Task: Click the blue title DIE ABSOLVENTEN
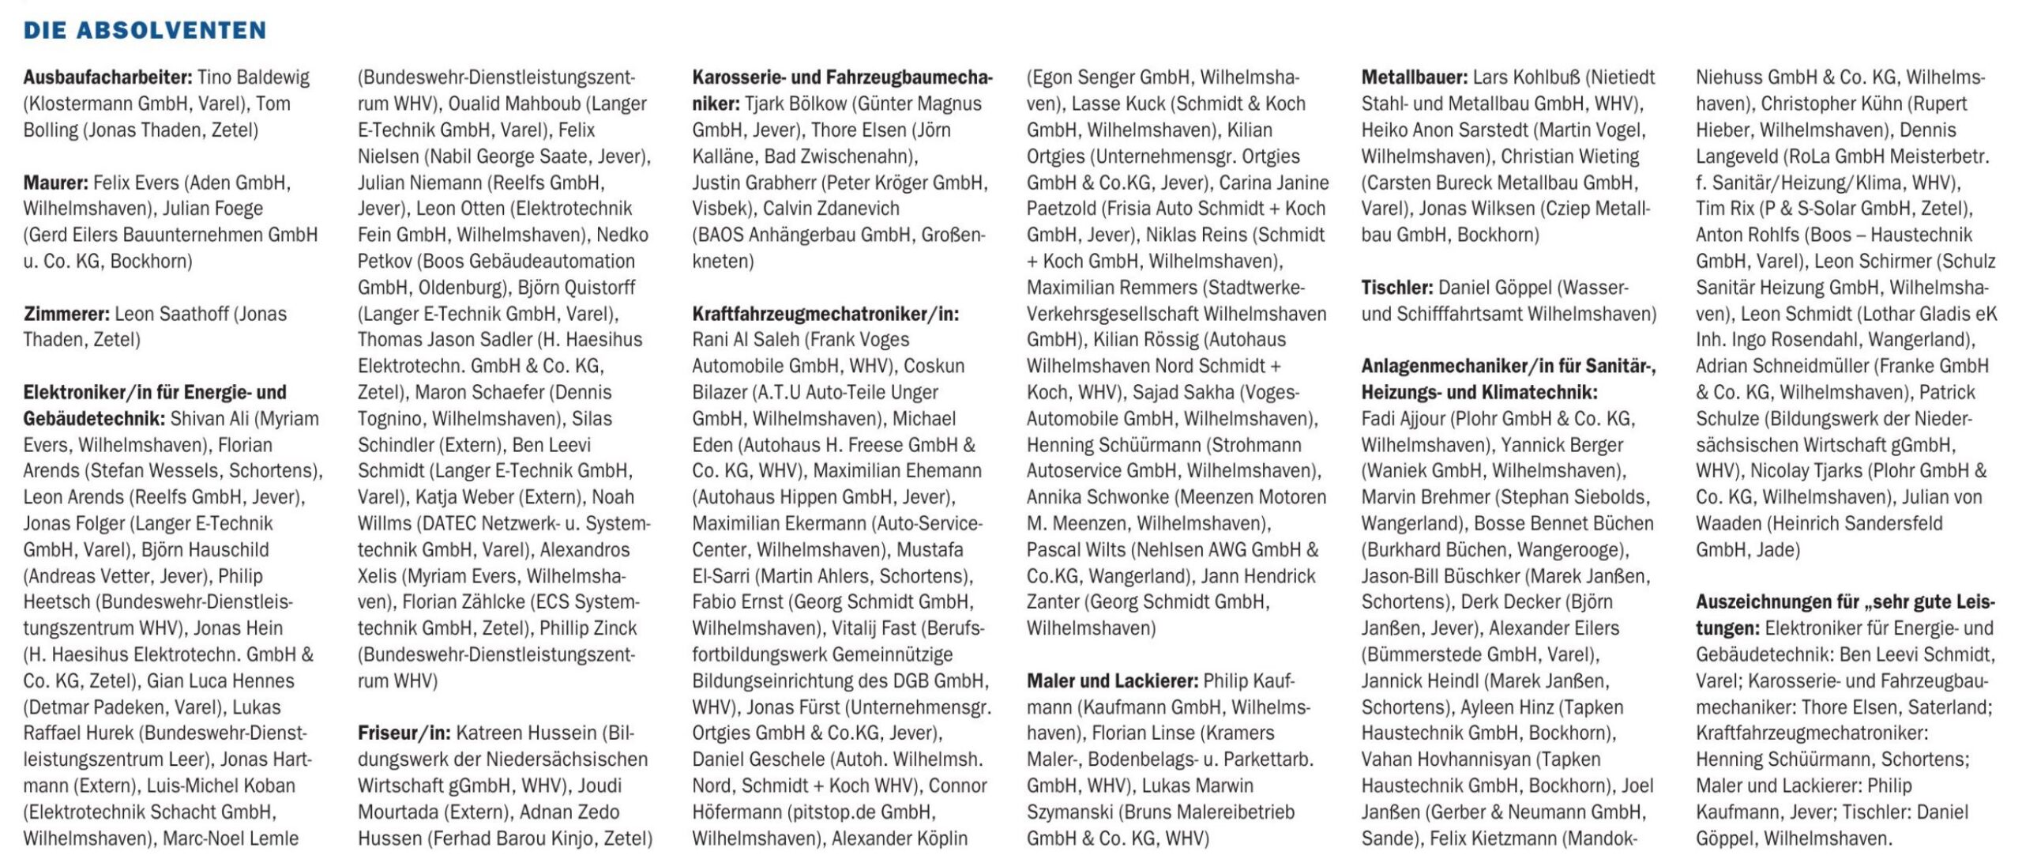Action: tap(145, 30)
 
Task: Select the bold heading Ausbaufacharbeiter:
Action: tap(107, 77)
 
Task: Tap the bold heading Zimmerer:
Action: tap(66, 314)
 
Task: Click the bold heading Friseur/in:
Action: tap(404, 733)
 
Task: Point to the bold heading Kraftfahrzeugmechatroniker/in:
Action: tap(825, 314)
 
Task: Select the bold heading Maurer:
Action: tap(55, 183)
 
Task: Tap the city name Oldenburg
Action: tap(461, 288)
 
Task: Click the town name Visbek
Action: tap(723, 209)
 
